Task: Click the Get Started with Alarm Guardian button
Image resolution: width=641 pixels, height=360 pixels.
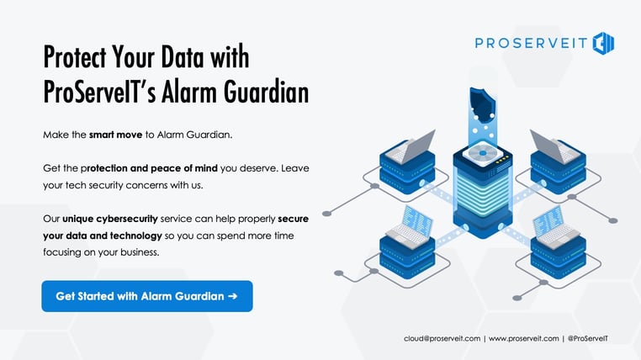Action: coord(147,296)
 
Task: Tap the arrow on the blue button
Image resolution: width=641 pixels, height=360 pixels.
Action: coord(233,296)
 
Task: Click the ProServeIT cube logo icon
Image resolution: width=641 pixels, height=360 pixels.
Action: coord(603,43)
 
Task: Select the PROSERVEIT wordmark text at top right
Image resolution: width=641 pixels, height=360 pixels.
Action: coord(531,43)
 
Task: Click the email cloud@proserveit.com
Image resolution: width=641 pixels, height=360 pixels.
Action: coord(442,339)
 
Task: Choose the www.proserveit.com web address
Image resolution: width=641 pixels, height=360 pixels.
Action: coord(524,339)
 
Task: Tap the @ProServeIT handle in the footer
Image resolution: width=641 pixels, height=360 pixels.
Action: coord(588,339)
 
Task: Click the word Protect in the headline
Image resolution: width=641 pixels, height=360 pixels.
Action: coord(75,57)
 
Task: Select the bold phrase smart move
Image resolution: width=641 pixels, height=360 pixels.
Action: coord(116,135)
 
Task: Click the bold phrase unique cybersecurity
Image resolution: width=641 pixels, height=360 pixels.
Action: coord(110,219)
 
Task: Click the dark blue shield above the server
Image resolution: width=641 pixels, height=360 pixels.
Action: coord(483,104)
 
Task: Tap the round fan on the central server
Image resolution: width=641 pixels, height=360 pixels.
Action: coord(483,153)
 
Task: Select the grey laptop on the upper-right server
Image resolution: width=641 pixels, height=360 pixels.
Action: coord(554,146)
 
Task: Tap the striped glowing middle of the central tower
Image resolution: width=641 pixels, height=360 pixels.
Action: coord(483,189)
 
